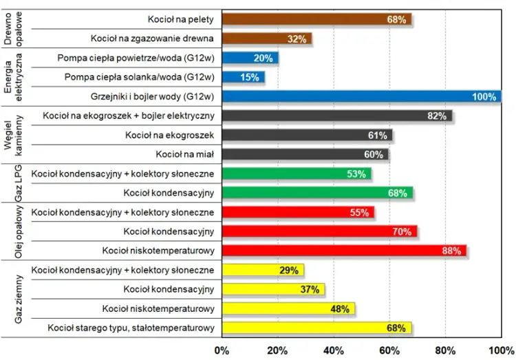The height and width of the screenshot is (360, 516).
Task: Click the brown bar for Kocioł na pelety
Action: (x=316, y=19)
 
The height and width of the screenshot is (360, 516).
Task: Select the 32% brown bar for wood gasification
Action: (x=267, y=39)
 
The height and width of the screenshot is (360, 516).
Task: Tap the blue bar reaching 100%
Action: (x=361, y=96)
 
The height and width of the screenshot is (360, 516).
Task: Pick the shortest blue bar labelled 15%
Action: (x=243, y=77)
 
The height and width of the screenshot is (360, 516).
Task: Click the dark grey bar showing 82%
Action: (x=337, y=116)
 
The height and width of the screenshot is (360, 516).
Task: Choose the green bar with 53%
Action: (x=297, y=173)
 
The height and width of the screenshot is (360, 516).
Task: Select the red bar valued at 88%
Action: (x=344, y=251)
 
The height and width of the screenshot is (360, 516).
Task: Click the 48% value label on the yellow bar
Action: (x=340, y=309)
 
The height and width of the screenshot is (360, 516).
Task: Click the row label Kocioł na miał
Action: (x=185, y=154)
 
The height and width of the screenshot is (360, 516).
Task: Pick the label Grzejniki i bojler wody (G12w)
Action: (x=152, y=96)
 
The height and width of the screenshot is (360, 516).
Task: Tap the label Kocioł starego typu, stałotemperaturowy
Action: (x=131, y=328)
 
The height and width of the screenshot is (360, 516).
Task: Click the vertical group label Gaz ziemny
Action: (x=19, y=299)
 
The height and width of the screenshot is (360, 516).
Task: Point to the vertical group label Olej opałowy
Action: (x=19, y=231)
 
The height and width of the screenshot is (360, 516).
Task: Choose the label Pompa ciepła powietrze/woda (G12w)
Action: (x=136, y=58)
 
